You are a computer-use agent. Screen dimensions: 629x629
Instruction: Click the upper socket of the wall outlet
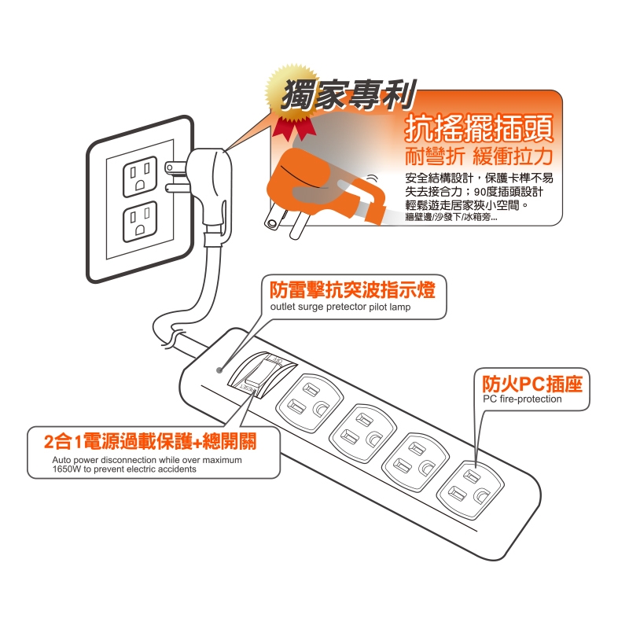[x=140, y=176]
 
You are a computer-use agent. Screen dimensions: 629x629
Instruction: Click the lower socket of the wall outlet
[x=140, y=222]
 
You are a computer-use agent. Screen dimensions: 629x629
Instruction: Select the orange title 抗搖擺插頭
[x=479, y=128]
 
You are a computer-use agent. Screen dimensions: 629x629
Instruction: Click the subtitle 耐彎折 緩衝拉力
[x=479, y=156]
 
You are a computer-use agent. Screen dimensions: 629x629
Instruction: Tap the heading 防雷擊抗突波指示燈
[x=352, y=289]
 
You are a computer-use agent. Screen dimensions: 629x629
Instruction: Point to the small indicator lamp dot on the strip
[x=219, y=370]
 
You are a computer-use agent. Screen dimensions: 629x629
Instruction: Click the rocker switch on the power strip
[x=261, y=374]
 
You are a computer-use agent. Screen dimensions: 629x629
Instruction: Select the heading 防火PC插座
[x=532, y=384]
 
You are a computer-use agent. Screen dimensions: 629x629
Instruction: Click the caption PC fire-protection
[x=522, y=399]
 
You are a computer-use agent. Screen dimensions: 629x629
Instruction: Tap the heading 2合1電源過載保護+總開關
[x=150, y=442]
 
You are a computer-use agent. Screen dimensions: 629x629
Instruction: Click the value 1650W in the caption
[x=67, y=469]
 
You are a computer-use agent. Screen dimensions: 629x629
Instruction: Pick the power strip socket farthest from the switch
[x=470, y=489]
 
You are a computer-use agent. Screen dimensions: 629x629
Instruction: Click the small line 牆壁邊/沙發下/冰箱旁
[x=451, y=218]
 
